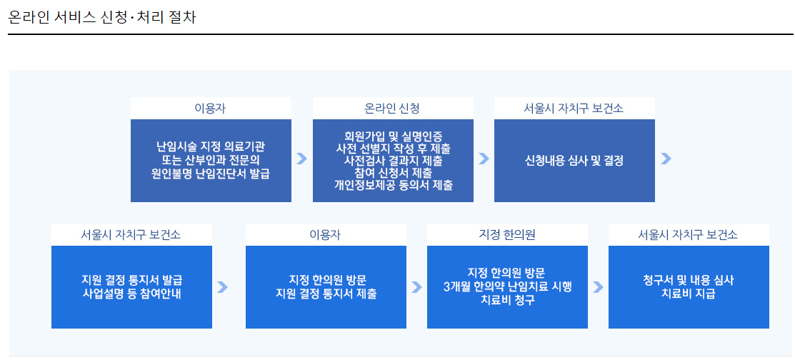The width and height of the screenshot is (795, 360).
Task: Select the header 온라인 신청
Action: point(392,108)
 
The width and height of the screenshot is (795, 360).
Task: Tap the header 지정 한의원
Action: point(507,235)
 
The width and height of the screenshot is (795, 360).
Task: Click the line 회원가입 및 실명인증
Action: point(393,136)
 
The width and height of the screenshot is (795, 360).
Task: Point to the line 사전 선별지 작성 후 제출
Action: point(393,149)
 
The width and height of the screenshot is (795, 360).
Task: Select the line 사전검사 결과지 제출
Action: point(393,161)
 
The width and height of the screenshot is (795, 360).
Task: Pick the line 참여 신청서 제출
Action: point(393,173)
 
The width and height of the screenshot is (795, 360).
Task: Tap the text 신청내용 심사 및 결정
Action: point(574,161)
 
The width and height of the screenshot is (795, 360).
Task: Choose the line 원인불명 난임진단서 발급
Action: point(211,174)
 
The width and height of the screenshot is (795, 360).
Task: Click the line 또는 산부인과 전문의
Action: point(211,161)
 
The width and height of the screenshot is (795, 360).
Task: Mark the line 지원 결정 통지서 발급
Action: point(132,281)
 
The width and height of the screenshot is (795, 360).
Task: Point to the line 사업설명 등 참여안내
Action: point(132,294)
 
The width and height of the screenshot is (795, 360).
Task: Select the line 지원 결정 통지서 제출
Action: point(326,294)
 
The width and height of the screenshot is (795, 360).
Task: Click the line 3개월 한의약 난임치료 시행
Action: point(508,287)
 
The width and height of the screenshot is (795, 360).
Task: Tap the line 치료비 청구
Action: point(508,300)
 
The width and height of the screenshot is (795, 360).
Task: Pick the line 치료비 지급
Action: point(689,294)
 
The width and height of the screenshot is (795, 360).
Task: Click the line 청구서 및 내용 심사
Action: point(689,281)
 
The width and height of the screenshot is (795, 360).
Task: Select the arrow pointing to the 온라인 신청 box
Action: point(301,159)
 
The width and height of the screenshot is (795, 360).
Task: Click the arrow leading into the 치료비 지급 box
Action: point(598,287)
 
